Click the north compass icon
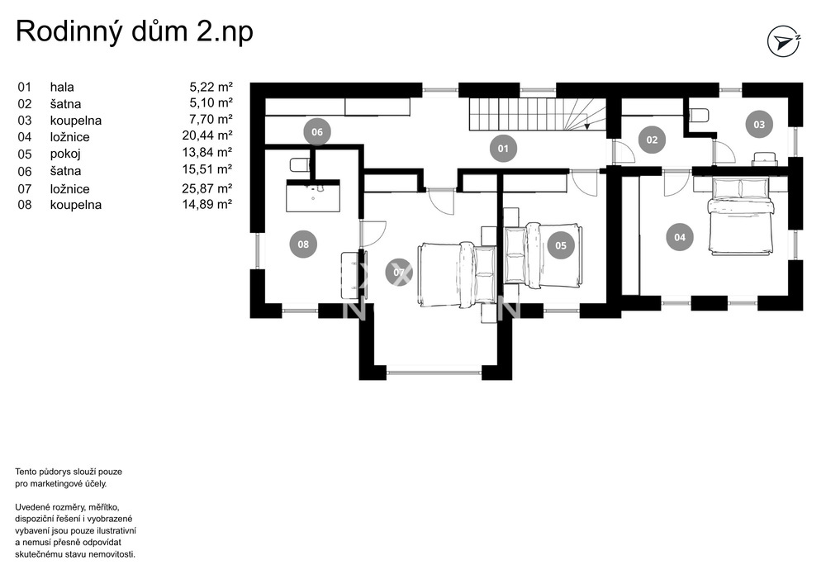pos(784,41)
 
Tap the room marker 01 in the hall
pos(503,149)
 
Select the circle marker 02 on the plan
pos(652,140)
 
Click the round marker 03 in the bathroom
pos(758,124)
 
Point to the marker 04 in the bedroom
pos(680,237)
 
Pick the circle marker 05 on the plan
pos(561,245)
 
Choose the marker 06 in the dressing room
pos(316,131)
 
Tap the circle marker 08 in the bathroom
pos(303,244)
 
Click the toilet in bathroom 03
pos(700,115)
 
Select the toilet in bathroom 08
pos(299,165)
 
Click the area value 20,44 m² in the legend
pos(207,135)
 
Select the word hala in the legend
pos(62,87)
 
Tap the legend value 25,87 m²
pos(207,188)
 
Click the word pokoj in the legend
pos(65,154)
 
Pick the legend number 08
pos(25,205)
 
